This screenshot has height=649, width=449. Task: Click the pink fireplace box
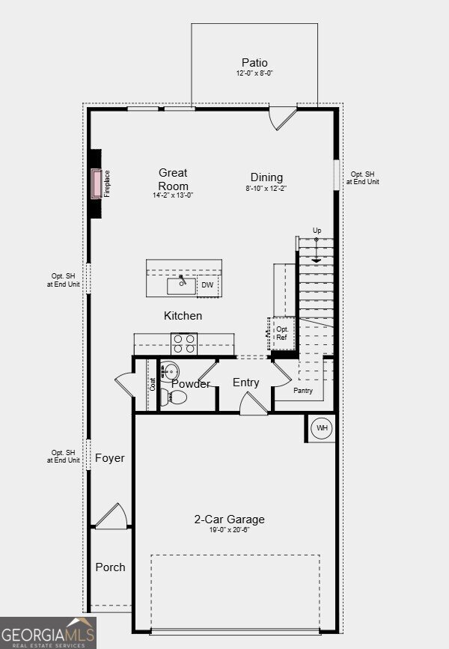coord(97,184)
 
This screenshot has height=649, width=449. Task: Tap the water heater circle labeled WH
coord(322,427)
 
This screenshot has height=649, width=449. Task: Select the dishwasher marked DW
coord(207,285)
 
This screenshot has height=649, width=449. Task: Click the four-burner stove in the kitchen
coord(184,344)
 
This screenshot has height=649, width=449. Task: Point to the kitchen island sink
coord(181,286)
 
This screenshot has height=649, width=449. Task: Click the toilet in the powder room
coord(173,397)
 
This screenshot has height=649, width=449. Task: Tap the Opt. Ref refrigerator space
coord(282,333)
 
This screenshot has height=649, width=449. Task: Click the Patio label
coord(254,63)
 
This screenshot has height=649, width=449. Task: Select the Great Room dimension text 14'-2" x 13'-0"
coord(173,195)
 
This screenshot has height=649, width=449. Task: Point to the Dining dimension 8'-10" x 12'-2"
coord(266,188)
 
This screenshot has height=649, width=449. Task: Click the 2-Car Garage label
coord(229,519)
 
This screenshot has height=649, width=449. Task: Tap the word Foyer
coord(110,458)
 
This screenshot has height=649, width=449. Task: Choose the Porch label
coord(110,567)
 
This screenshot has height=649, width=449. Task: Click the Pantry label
coord(303,391)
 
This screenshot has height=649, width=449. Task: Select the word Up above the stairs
coord(317,231)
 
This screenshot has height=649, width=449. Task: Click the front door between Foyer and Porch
coord(111,516)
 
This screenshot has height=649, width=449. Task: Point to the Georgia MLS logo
coord(48,633)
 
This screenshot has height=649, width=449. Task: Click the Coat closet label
coord(153,385)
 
